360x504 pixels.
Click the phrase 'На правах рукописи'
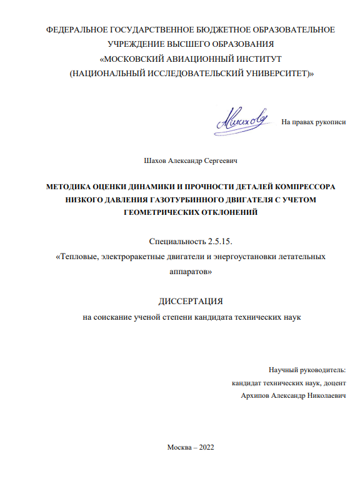(314, 122)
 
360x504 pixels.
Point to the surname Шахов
(156, 161)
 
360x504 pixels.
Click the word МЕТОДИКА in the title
(72, 187)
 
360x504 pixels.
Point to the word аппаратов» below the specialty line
(191, 272)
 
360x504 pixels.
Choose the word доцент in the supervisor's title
(335, 383)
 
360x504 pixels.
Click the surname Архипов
(254, 396)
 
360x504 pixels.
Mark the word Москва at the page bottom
(179, 447)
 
